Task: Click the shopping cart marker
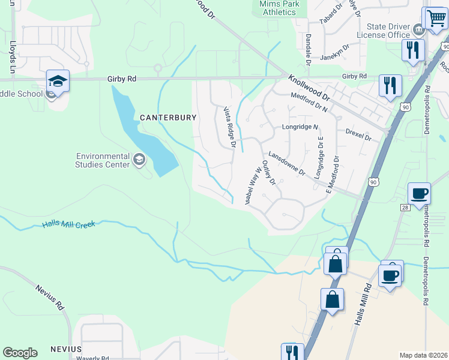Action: click(x=435, y=19)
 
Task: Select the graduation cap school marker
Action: click(x=58, y=81)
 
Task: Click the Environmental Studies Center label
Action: click(x=103, y=160)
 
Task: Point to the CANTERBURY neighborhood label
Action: click(x=168, y=118)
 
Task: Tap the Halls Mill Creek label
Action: click(x=69, y=224)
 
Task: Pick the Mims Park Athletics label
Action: click(x=277, y=7)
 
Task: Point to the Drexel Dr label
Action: click(x=359, y=134)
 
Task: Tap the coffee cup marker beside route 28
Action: click(x=419, y=194)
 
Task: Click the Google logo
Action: click(x=20, y=353)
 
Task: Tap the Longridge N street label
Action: click(x=300, y=127)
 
